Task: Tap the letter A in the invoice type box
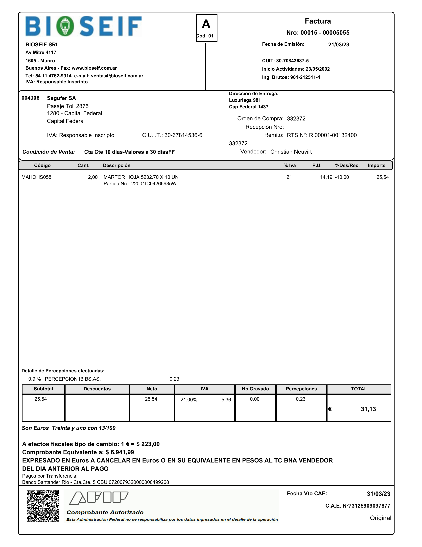[x=206, y=24]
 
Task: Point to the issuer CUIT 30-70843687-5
[x=292, y=61]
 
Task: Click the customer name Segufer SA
[x=61, y=98]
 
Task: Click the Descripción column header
[x=117, y=166]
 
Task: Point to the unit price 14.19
[x=326, y=177]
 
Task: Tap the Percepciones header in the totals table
[x=301, y=389]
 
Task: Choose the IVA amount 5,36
[x=226, y=400]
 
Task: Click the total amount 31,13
[x=368, y=409]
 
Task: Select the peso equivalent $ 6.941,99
[x=120, y=452]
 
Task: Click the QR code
[x=43, y=506]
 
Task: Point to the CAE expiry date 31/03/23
[x=378, y=494]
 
